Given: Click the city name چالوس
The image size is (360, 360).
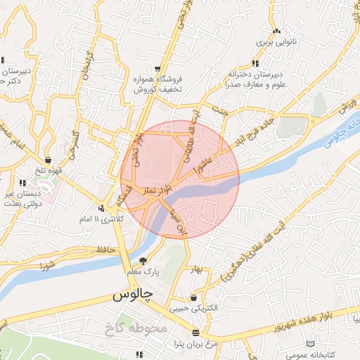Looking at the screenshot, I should click(x=134, y=295).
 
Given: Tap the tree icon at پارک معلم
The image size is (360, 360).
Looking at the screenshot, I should click(x=143, y=261).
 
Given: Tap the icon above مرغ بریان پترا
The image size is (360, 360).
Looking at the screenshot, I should click(x=195, y=332).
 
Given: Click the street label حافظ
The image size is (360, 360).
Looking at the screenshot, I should click(x=105, y=250).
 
